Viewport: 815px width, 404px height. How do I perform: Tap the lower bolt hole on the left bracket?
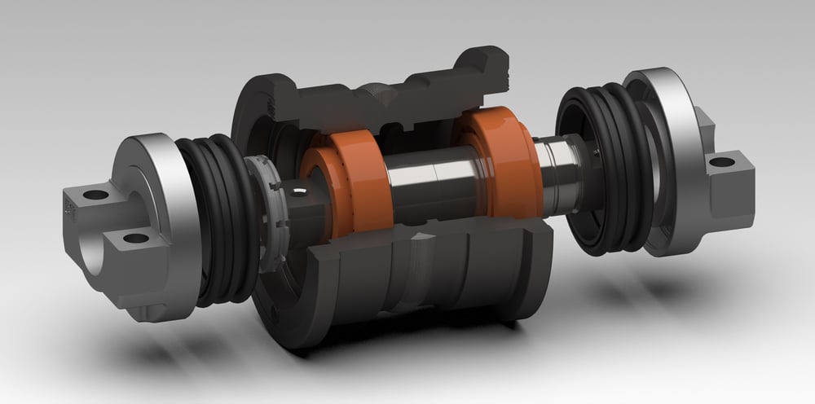pyautogui.click(x=134, y=239)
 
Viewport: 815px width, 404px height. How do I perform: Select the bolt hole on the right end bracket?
pyautogui.click(x=720, y=163)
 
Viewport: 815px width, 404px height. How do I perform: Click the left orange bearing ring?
pyautogui.click(x=342, y=183)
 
